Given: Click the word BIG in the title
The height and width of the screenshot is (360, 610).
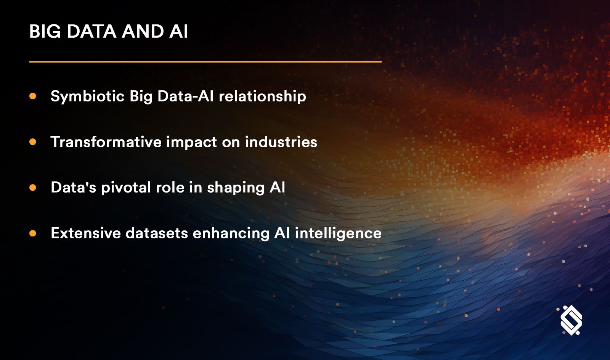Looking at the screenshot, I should point(45,31).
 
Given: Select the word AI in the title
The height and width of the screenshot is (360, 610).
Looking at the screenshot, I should point(178,31).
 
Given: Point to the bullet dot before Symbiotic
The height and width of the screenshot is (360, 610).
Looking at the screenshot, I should point(33,96).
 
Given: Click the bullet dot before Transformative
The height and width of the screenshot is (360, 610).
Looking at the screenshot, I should point(33,142).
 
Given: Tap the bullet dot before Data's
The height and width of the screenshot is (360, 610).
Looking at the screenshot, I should point(33,188).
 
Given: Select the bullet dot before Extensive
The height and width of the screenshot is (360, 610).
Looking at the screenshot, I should point(33,233).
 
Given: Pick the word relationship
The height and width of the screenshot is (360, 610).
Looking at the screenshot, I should point(262,96).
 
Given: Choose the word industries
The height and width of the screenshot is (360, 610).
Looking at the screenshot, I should point(281,142).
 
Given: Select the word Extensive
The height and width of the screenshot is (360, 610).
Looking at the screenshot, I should point(86,233).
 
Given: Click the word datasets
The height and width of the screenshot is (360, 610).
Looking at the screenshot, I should point(157,233).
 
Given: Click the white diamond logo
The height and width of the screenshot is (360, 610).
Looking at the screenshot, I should point(571,320).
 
